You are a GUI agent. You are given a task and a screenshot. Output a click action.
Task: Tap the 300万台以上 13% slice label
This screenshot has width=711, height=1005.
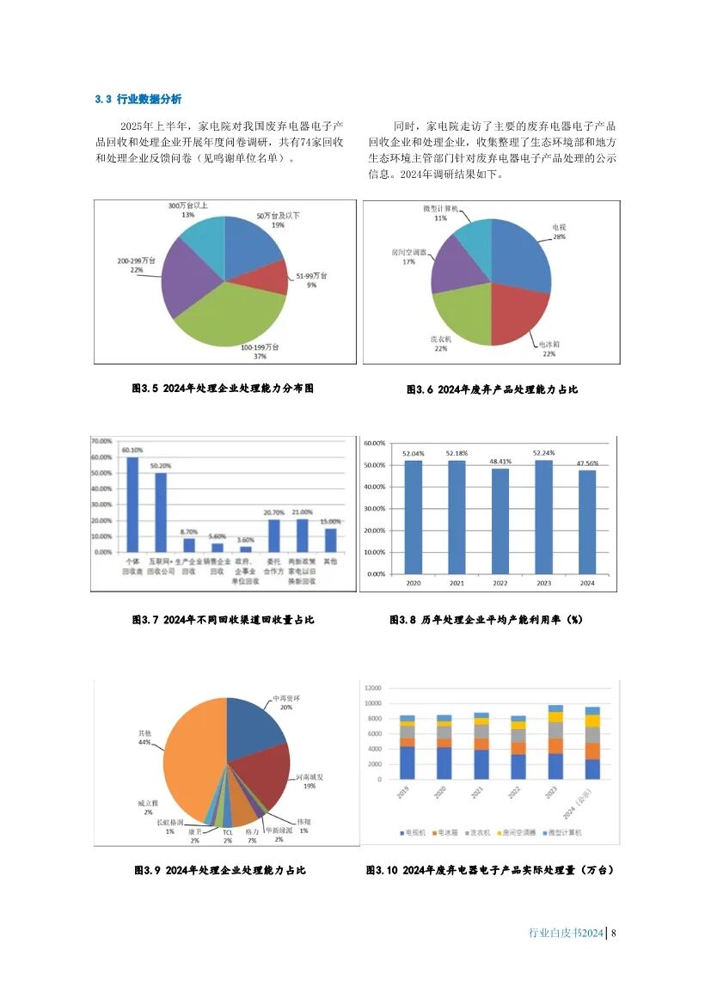[x=187, y=211]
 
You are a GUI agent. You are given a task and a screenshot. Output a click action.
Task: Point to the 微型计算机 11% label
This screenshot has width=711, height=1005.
[x=441, y=214]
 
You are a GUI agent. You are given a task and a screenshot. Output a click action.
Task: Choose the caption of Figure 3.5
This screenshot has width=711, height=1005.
[x=223, y=389]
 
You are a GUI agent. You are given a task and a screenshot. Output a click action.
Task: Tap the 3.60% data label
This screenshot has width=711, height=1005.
[x=245, y=540]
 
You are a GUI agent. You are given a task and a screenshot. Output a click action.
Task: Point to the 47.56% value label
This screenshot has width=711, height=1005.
[x=587, y=463]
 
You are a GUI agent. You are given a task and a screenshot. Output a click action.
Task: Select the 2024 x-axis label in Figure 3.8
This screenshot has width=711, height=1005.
[x=587, y=583]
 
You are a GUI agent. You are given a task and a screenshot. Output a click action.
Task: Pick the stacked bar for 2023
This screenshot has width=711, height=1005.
[x=555, y=744]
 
